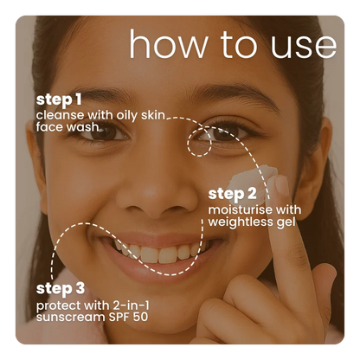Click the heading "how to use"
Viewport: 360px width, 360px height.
pyautogui.click(x=233, y=44)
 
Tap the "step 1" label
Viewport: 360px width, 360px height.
pyautogui.click(x=59, y=100)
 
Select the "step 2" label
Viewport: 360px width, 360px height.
pyautogui.click(x=232, y=194)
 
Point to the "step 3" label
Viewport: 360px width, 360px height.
pyautogui.click(x=61, y=289)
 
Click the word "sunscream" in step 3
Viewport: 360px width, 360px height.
pyautogui.click(x=71, y=318)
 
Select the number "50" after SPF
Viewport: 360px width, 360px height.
pyautogui.click(x=140, y=317)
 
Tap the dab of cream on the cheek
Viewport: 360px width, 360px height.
pyautogui.click(x=252, y=180)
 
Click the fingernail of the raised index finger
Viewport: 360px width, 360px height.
pyautogui.click(x=280, y=184)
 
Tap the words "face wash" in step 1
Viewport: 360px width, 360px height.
pyautogui.click(x=67, y=127)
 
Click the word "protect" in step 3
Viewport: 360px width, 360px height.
pyautogui.click(x=58, y=305)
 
